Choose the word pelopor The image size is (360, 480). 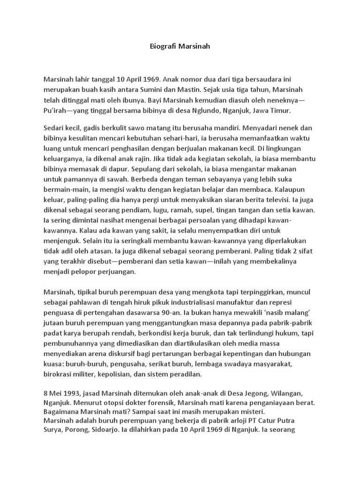[x=89, y=271]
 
